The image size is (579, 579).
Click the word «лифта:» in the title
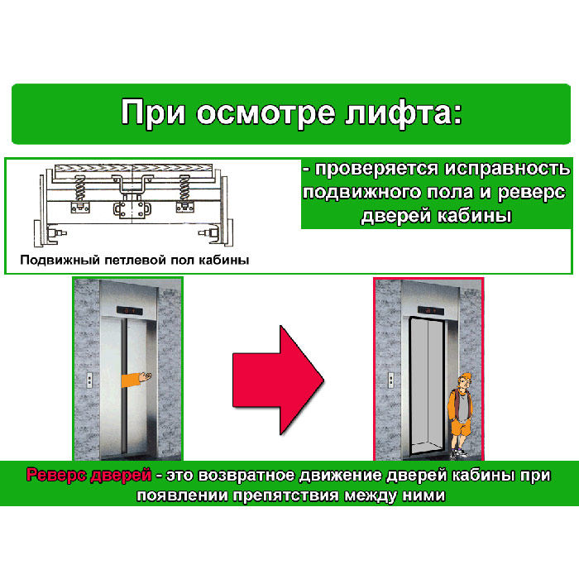pos(403,113)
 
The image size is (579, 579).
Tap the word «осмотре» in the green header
pos(266,113)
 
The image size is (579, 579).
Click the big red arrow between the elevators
pos(278,380)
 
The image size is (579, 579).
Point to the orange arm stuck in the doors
pos(136,379)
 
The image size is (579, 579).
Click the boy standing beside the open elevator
pos(460,416)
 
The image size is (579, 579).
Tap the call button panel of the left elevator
pos(89,380)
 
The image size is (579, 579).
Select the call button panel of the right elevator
pos(391,380)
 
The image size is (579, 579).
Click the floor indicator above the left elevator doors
pos(129,310)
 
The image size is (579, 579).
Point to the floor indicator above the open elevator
pos(431,310)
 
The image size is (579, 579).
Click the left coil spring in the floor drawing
pos(79,188)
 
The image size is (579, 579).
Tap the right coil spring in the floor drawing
pos(184,188)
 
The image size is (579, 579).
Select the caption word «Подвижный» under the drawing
pos(60,260)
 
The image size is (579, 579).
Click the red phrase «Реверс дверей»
pos(89,475)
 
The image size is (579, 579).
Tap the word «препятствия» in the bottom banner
pos(285,495)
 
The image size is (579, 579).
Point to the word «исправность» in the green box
pos(508,169)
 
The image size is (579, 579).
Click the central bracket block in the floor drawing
pos(132,209)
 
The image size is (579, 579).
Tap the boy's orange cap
pos(465,378)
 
